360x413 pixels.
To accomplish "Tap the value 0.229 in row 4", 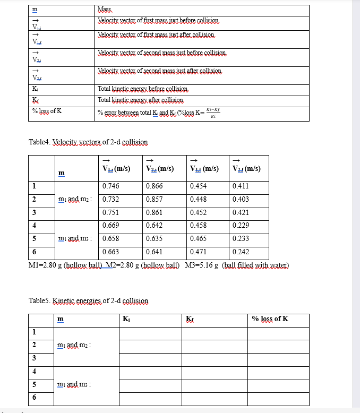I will [x=241, y=226].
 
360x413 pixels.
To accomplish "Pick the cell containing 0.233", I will [x=241, y=239].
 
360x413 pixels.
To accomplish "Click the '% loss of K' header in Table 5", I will [x=270, y=319].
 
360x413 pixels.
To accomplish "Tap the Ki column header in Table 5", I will [x=126, y=319].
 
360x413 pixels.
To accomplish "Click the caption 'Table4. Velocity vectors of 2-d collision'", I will [x=88, y=142].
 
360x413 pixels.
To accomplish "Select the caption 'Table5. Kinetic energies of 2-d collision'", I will [x=88, y=301].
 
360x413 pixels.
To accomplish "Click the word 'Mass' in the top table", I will [x=104, y=10].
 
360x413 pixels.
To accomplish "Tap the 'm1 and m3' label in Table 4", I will [x=75, y=239].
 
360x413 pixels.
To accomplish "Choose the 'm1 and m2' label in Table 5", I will [x=75, y=346].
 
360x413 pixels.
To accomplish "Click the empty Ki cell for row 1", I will [x=151, y=333].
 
